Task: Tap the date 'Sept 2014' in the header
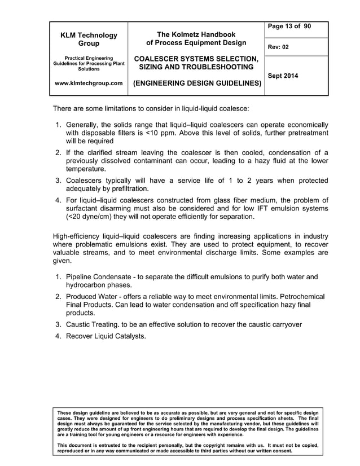pyautogui.click(x=284, y=76)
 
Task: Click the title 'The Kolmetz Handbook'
pyautogui.click(x=196, y=34)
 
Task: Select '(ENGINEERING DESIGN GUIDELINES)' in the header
pyautogui.click(x=196, y=83)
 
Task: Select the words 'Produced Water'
pyautogui.click(x=94, y=296)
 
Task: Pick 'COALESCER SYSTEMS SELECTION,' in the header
pyautogui.click(x=196, y=59)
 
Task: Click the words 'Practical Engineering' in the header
pyautogui.click(x=89, y=58)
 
